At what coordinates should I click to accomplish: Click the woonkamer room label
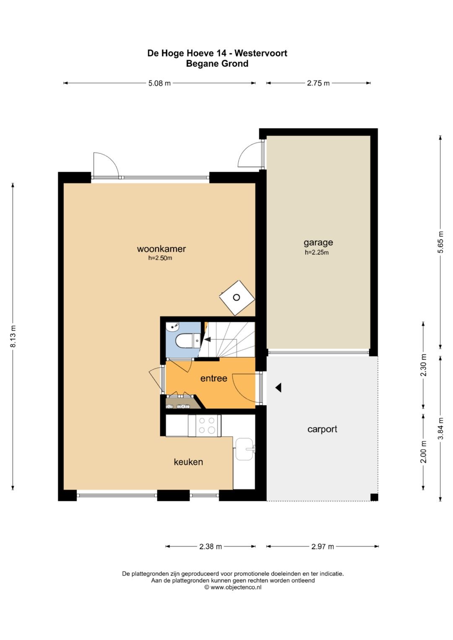pos(161,249)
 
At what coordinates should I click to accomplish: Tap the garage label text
pos(318,243)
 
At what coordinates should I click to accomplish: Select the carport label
pos(322,430)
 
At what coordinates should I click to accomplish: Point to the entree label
pos(213,378)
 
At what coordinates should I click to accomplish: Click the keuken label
pos(188,462)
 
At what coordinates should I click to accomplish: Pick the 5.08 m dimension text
pos(159,83)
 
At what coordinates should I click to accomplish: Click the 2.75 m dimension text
pos(318,83)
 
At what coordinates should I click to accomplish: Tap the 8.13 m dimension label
pos(13,336)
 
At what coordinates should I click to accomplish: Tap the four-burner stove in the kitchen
pos(205,425)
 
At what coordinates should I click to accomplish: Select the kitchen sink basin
pos(245,449)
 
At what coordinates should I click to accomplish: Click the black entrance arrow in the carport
pos(279,387)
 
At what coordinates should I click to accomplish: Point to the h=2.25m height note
pos(317,252)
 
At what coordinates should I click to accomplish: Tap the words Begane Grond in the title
pos(217,63)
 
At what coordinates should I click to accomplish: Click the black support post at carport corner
pos(374,497)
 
